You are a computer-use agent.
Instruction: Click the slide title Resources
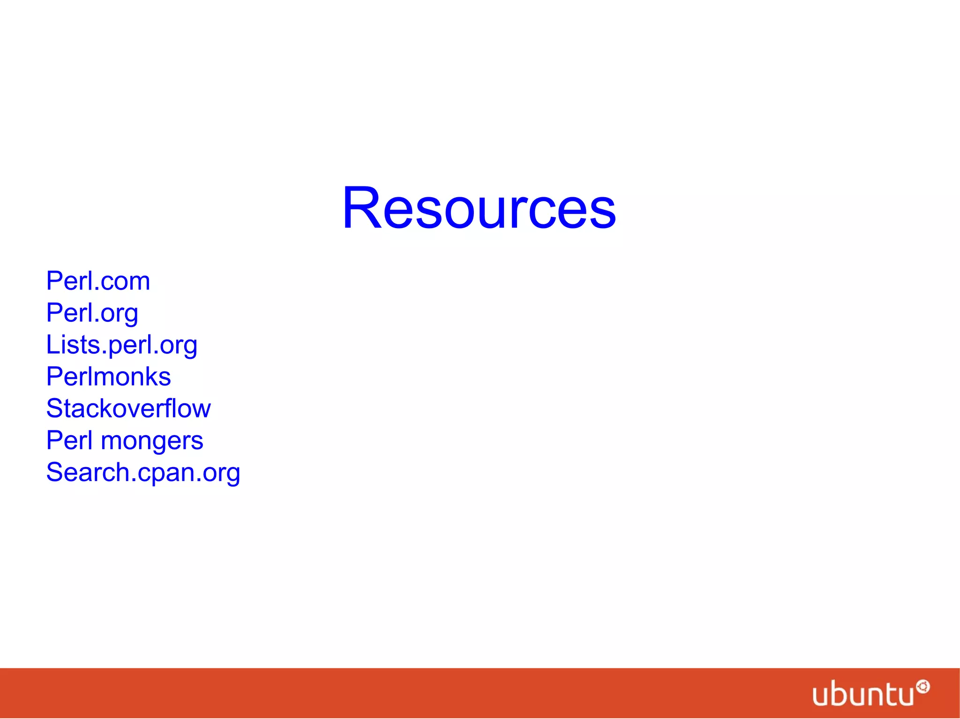coord(479,208)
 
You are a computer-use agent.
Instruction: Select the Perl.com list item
coord(98,281)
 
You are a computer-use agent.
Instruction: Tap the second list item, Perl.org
coord(92,313)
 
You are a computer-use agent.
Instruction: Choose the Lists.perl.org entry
coord(121,345)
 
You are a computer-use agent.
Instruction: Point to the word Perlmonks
coord(108,377)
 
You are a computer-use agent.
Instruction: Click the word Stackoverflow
coord(128,408)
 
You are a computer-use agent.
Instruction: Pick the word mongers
coord(152,441)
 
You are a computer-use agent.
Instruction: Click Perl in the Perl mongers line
coord(69,440)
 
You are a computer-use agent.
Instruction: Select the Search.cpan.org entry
coord(143,473)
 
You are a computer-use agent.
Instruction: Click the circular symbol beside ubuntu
coord(923,687)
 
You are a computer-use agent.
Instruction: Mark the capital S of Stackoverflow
coord(55,408)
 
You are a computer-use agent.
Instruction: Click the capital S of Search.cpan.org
coord(55,472)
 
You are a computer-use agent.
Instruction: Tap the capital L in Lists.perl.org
coord(53,345)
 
